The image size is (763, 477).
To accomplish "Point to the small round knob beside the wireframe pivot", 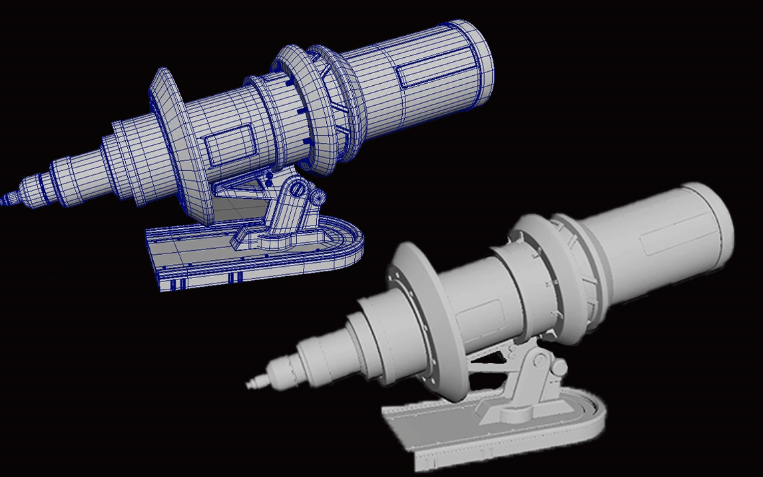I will (x=318, y=197).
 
